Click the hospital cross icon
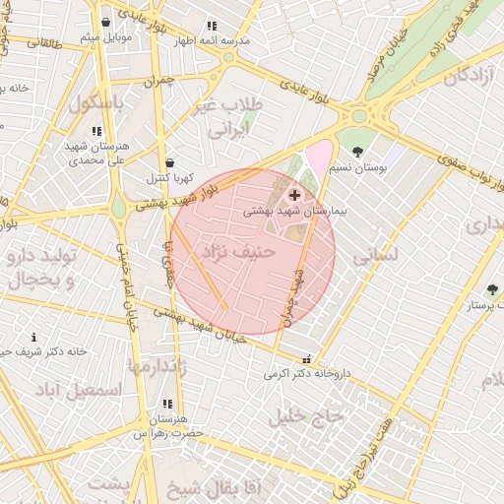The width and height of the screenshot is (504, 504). pos(294,196)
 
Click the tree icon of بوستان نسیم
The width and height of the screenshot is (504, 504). pos(357,152)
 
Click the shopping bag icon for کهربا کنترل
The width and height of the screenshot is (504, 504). pos(169,162)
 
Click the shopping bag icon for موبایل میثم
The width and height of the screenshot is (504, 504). pos(105,22)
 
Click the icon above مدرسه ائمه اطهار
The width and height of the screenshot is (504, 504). pos(212,27)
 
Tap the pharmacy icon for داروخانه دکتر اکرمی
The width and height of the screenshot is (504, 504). pos(308,359)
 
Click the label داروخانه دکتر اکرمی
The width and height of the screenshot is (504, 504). pos(307,374)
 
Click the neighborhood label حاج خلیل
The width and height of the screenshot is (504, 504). pos(318,415)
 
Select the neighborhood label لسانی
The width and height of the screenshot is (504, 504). pos(376,254)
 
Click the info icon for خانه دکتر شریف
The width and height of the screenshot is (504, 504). pos(33,338)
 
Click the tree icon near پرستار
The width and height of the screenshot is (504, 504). pos(492,289)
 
